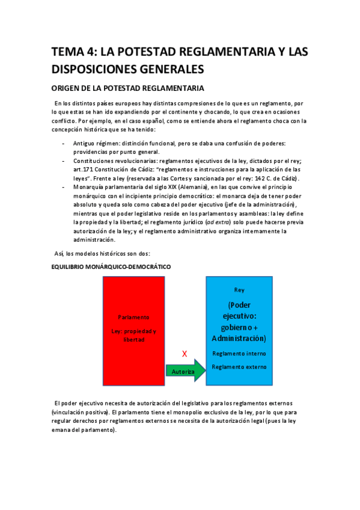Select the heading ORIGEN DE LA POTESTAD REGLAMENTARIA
click(x=128, y=88)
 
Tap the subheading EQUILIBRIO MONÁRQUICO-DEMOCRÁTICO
click(x=111, y=266)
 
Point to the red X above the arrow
click(x=185, y=354)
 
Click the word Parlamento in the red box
click(x=133, y=316)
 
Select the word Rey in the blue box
click(x=239, y=290)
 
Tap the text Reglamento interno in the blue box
click(x=239, y=354)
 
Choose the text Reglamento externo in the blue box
click(x=239, y=367)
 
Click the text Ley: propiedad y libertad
click(x=133, y=335)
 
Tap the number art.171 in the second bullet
click(x=81, y=170)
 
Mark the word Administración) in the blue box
click(x=239, y=337)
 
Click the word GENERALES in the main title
click(x=160, y=69)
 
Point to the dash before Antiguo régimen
click(x=64, y=143)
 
